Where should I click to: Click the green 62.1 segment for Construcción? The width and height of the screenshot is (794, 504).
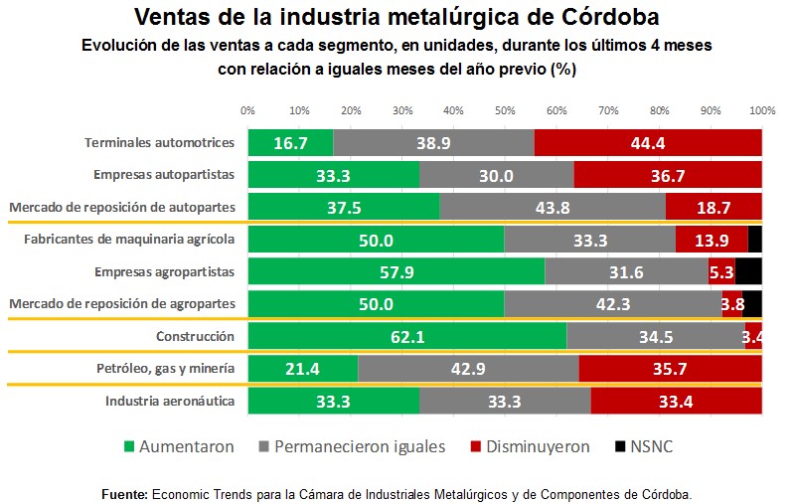pos(407,337)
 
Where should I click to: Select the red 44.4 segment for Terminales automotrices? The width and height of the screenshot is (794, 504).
pos(648,143)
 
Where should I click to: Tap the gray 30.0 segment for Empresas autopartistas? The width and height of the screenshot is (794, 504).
pos(497,175)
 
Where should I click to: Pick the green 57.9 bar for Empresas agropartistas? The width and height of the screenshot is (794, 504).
pos(397,272)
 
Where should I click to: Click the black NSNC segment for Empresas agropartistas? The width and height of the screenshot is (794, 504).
pos(748,272)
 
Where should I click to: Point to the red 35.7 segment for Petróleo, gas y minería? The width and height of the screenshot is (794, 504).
pos(670,369)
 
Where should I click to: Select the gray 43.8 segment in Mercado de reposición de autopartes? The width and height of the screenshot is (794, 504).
pos(553,207)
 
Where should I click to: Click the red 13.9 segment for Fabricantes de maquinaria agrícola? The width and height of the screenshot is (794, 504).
pos(712,240)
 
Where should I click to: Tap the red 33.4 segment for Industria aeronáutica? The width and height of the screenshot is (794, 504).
pos(676,401)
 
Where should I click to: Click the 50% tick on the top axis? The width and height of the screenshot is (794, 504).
pos(505,110)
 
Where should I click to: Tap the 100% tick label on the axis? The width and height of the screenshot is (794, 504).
pos(761,110)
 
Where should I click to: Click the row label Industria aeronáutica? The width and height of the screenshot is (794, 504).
pos(170,401)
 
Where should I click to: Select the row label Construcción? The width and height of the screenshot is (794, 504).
pos(195,337)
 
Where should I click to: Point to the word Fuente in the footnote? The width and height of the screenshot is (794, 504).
pos(124,494)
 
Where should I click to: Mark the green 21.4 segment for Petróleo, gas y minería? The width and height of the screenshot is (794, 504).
pos(303,369)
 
